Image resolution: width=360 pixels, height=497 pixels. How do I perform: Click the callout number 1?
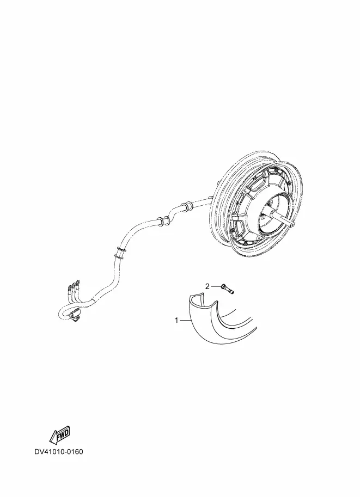click(x=176, y=320)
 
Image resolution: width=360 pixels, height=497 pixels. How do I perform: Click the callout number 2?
click(x=208, y=286)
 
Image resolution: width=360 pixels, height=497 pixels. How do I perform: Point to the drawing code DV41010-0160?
click(x=59, y=451)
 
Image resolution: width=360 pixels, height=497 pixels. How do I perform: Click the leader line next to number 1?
click(x=185, y=321)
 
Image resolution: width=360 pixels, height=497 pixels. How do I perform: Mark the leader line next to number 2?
click(x=215, y=286)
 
